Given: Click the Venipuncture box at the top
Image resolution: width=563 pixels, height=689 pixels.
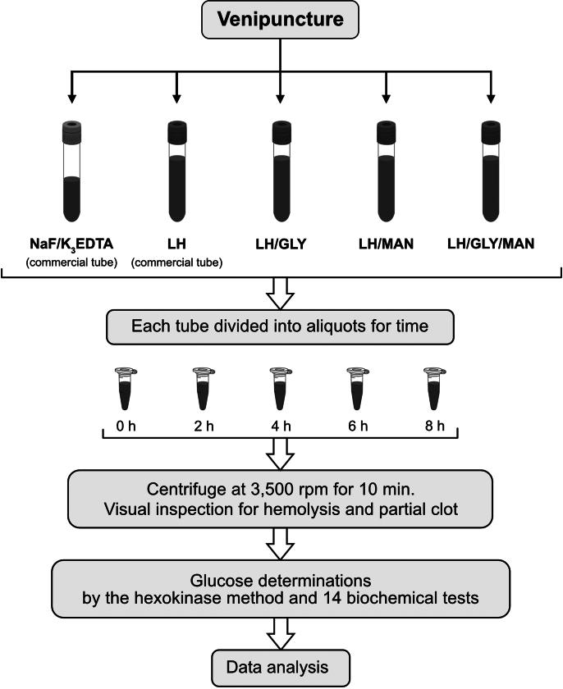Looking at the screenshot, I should tap(281, 19).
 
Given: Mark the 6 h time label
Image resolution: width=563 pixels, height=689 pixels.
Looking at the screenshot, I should tap(359, 427).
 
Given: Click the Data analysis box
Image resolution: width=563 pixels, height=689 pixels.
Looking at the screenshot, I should tap(281, 667).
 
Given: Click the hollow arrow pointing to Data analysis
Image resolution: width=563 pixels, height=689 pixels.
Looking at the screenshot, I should tap(281, 631).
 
